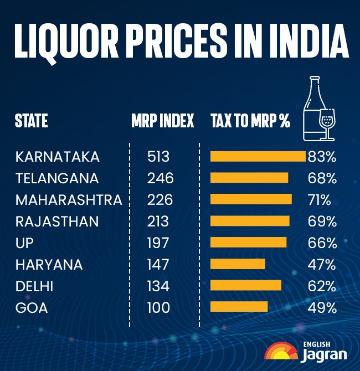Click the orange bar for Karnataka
pos(258,157)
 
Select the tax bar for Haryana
pos(238,264)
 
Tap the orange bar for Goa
pos(239,307)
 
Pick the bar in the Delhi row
pos(246,286)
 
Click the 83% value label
pos(322,157)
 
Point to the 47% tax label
pos(322,264)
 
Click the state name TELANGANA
pos(57,178)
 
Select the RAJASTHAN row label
pos(57,221)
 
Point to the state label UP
pos(25,243)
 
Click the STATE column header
pos(32,121)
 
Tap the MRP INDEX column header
pos(163,121)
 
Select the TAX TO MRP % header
pos(250,121)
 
